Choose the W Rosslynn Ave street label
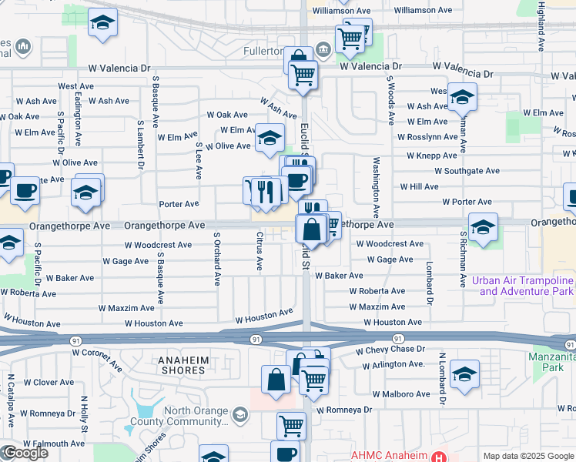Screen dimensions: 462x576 pyautogui.click(x=427, y=137)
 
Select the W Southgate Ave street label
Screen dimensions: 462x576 pyautogui.click(x=467, y=171)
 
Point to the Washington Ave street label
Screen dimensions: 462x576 pyautogui.click(x=377, y=187)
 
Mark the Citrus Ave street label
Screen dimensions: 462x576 pyautogui.click(x=260, y=251)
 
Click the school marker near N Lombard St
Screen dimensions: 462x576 pyautogui.click(x=464, y=375)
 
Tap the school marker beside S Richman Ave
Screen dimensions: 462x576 pyautogui.click(x=483, y=227)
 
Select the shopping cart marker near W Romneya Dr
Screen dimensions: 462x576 pyautogui.click(x=291, y=424)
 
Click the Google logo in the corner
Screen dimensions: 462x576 pyautogui.click(x=25, y=452)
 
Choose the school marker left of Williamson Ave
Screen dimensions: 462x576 pyautogui.click(x=102, y=24)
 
